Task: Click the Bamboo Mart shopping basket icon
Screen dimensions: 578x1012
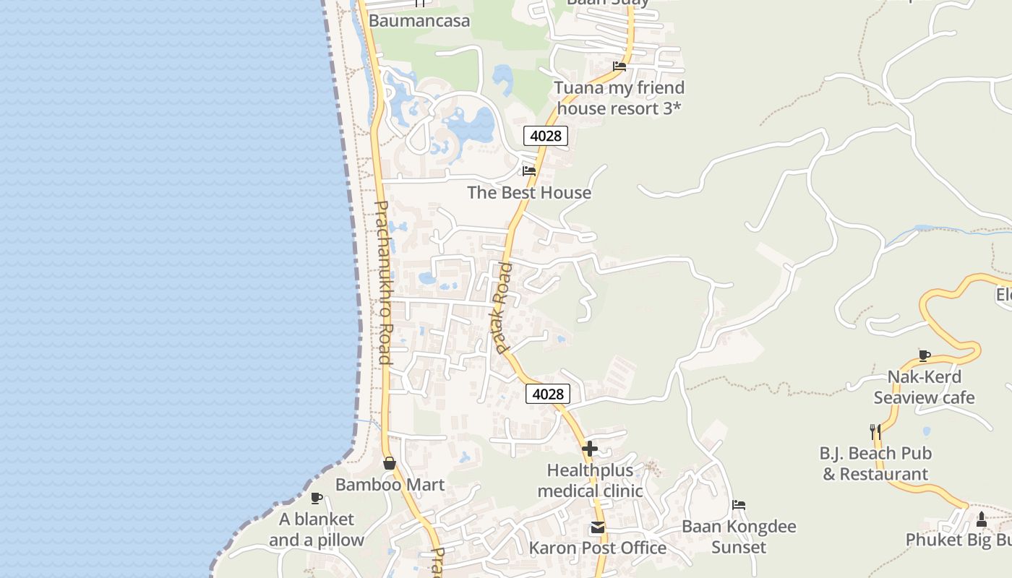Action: pos(390,463)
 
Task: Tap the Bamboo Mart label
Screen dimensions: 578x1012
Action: pos(390,484)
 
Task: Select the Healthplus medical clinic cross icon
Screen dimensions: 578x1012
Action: pos(590,449)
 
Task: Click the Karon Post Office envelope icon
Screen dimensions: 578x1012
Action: pos(598,527)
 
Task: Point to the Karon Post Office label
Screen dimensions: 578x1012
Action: pos(598,548)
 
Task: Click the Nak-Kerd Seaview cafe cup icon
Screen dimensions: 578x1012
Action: pos(924,355)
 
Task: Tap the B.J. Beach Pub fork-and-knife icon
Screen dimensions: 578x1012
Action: pos(875,432)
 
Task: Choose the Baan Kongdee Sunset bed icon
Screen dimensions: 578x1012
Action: pos(739,505)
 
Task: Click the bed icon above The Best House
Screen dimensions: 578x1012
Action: pos(529,171)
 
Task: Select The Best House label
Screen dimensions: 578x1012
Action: pos(529,192)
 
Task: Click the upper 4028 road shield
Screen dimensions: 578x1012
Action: pos(546,135)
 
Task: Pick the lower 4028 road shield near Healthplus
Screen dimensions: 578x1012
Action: pos(548,394)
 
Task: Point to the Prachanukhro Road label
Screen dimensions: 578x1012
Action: pos(382,282)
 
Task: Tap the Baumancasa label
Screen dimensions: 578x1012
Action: pos(419,20)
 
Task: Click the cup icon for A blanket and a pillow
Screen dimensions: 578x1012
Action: pos(316,498)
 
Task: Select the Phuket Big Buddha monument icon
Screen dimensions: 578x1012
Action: pos(981,519)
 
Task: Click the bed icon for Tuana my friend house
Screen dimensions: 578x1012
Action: pos(619,66)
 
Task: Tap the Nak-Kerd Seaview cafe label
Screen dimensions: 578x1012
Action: pos(924,387)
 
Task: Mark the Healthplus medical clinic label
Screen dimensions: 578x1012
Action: pos(590,480)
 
